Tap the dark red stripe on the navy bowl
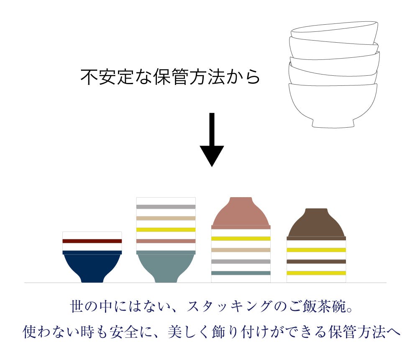point(92,241)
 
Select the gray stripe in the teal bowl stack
point(166,207)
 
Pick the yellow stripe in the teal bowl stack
point(166,230)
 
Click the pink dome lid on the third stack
point(241,213)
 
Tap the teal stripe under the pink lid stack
point(241,273)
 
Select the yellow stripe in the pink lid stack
point(241,239)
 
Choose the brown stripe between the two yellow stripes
point(316,262)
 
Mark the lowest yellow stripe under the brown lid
point(316,273)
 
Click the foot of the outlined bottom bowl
point(333,124)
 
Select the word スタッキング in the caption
point(229,306)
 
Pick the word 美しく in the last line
point(189,332)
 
